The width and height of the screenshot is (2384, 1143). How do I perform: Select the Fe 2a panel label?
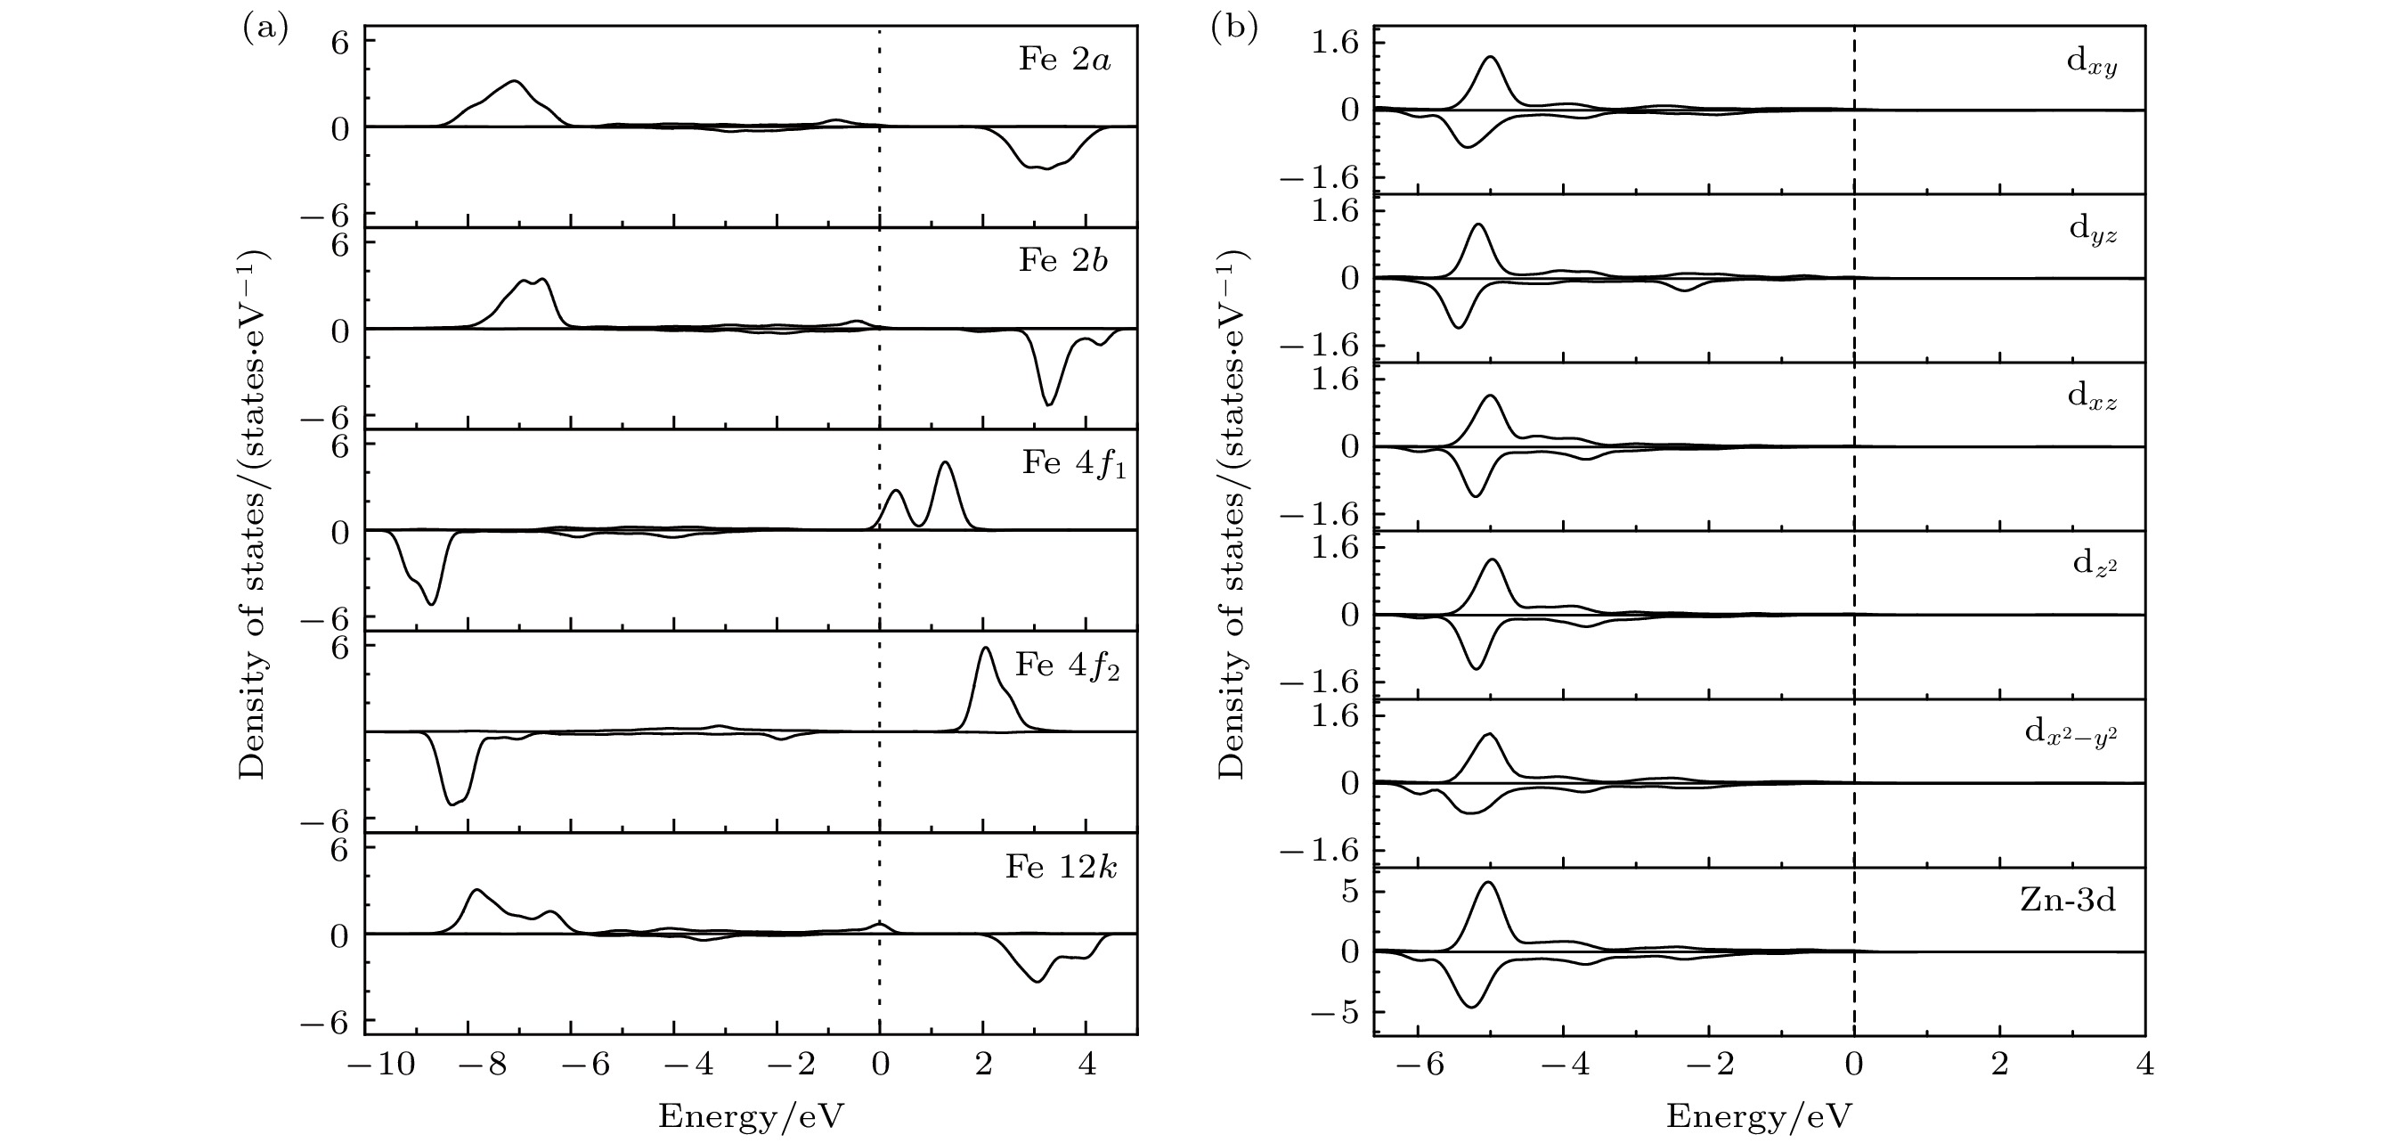click(1064, 61)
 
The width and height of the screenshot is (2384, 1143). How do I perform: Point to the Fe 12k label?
click(1061, 867)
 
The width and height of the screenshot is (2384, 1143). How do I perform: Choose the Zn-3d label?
click(2068, 901)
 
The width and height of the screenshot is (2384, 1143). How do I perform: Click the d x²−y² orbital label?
click(2071, 733)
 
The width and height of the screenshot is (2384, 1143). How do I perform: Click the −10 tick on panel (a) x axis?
click(380, 1065)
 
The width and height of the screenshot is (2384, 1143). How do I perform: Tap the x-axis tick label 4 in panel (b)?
click(2145, 1065)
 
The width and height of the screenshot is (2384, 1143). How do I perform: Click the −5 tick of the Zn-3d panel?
click(1335, 1014)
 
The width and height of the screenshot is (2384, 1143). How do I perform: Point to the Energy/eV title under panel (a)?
click(751, 1117)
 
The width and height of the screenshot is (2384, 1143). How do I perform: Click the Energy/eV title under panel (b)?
click(1758, 1117)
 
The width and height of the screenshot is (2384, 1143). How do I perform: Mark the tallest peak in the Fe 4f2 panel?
click(985, 648)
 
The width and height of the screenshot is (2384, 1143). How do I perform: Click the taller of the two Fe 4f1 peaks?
click(945, 462)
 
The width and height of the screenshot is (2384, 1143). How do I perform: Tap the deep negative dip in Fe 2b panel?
click(1047, 404)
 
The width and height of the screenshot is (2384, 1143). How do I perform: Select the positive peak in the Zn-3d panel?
click(1489, 882)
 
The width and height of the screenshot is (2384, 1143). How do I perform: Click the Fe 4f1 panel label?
click(1073, 463)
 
